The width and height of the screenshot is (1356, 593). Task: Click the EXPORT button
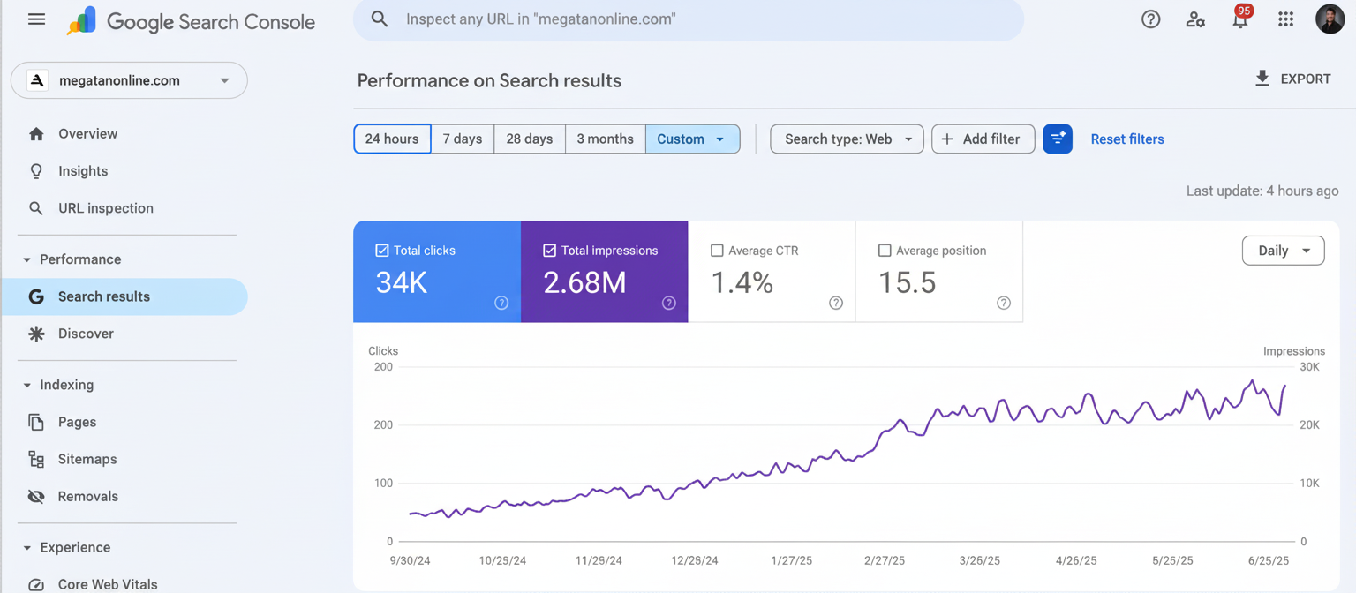tap(1292, 79)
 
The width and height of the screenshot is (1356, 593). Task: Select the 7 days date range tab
tap(463, 139)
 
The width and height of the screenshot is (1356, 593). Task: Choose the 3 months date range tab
tap(605, 139)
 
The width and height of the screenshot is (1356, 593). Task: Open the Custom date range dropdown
tap(692, 139)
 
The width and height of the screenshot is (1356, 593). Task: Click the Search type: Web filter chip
tap(847, 139)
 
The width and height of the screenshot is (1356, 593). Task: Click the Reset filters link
tap(1126, 139)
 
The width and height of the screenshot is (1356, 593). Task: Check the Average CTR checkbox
tap(717, 251)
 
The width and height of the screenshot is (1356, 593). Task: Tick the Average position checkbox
tap(885, 251)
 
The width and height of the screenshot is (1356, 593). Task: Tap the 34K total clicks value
tap(402, 283)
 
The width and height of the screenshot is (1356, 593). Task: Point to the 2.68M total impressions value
tap(584, 283)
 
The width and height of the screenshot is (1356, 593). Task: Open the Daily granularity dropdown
tap(1282, 251)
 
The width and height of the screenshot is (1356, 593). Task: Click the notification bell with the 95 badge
tap(1240, 19)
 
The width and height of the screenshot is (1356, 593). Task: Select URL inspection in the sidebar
tap(105, 208)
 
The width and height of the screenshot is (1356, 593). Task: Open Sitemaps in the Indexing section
tap(87, 459)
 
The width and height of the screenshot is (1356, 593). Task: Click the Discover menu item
tap(86, 334)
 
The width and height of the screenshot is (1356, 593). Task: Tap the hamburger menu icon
tap(36, 19)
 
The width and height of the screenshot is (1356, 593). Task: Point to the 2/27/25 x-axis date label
tap(884, 560)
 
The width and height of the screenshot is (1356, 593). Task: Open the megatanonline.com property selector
tap(129, 80)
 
